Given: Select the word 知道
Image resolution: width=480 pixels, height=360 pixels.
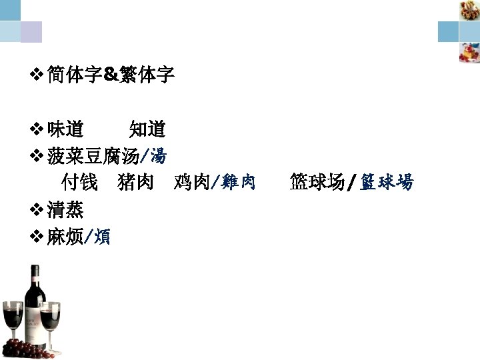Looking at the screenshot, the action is [x=147, y=129].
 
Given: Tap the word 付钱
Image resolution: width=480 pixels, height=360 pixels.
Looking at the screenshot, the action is [x=79, y=181].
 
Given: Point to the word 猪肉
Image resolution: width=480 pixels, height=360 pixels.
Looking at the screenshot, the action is [x=135, y=181].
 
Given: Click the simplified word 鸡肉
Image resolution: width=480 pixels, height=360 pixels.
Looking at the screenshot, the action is [x=192, y=181].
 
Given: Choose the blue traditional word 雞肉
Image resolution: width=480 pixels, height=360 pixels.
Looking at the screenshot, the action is [x=239, y=181].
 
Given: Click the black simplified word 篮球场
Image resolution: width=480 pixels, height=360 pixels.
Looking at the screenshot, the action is [x=317, y=181].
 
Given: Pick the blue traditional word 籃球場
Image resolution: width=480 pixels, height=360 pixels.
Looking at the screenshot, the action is [x=387, y=181].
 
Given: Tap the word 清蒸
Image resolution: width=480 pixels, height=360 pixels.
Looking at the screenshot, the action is [x=65, y=210].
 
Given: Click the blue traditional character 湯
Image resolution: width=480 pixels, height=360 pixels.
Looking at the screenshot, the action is [x=158, y=157].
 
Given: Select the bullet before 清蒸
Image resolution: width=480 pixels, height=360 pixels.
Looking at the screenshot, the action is [x=38, y=211].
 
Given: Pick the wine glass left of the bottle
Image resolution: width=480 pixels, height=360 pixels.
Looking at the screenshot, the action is [x=11, y=320].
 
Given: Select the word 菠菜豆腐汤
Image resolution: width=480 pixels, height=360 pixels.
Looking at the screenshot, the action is [x=93, y=157].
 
